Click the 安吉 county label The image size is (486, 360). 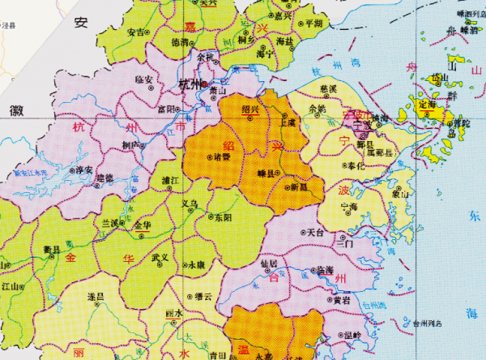[136, 32]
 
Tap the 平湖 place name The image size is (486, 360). [311, 24]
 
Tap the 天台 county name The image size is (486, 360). [317, 232]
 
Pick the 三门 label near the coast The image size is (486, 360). [344, 243]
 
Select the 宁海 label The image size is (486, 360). [350, 207]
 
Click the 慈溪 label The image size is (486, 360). [328, 88]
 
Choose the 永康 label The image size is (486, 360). [196, 264]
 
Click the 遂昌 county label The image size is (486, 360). [96, 298]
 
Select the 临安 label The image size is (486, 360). [145, 79]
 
